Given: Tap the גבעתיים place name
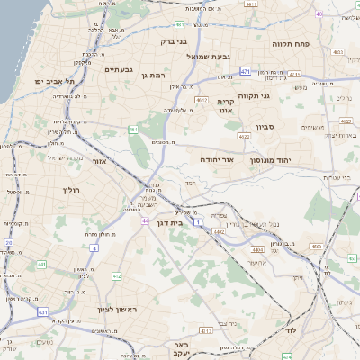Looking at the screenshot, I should click(x=119, y=69).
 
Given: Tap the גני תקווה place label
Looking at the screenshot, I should click(x=256, y=94).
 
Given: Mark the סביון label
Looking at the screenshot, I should click(x=265, y=127).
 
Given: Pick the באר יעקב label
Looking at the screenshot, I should click(x=183, y=347).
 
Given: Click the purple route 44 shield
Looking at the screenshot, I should click(x=146, y=219).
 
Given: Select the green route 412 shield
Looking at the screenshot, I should click(x=116, y=276).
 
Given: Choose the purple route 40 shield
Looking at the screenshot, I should click(x=319, y=13).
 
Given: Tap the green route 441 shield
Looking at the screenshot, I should click(x=41, y=265).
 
